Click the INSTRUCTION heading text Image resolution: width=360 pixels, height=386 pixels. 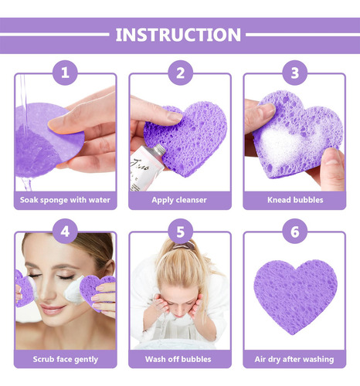tap(178, 35)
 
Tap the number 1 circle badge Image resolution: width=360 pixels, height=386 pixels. tap(65, 73)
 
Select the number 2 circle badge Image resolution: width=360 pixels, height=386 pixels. tap(180, 73)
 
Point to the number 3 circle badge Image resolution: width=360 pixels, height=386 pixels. tap(295, 73)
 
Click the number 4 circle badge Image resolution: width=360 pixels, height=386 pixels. tap(65, 232)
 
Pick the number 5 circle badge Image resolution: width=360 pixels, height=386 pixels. tap(180, 232)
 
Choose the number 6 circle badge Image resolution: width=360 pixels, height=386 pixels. tap(295, 232)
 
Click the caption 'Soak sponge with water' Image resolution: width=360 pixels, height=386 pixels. tap(65, 200)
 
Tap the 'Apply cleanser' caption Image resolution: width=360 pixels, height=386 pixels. tap(179, 200)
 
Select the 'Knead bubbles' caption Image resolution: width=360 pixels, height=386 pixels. tap(295, 200)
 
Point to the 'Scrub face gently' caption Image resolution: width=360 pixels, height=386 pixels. tap(66, 359)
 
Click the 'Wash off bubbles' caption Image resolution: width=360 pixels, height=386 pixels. tap(178, 359)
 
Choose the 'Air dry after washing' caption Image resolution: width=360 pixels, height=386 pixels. tap(294, 359)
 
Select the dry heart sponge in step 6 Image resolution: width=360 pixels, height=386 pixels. tap(295, 296)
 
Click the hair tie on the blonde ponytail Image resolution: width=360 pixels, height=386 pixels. tap(184, 245)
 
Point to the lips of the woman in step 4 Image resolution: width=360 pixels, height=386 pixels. tap(53, 310)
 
